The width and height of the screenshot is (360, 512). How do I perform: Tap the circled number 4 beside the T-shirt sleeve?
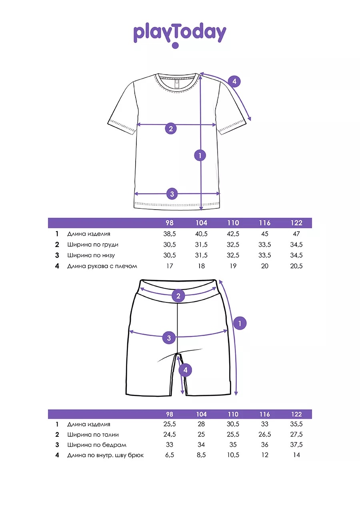pyautogui.click(x=234, y=81)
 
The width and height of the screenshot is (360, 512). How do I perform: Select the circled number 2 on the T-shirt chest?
pyautogui.click(x=171, y=128)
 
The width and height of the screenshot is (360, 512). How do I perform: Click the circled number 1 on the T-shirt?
pyautogui.click(x=200, y=155)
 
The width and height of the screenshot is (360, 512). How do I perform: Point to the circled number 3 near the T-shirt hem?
pyautogui.click(x=172, y=194)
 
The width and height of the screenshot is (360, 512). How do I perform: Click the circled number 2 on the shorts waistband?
pyautogui.click(x=178, y=296)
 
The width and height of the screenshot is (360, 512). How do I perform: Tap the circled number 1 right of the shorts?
pyautogui.click(x=240, y=323)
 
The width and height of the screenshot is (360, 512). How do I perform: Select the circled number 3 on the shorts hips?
pyautogui.click(x=169, y=338)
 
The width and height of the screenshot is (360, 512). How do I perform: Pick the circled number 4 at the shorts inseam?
pyautogui.click(x=185, y=370)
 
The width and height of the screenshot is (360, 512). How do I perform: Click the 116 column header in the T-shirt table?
pyautogui.click(x=264, y=223)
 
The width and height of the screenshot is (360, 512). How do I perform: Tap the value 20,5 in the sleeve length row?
pyautogui.click(x=296, y=266)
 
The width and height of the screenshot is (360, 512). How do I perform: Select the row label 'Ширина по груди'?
pyautogui.click(x=93, y=245)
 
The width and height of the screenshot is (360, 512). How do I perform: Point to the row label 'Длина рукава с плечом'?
pyautogui.click(x=102, y=266)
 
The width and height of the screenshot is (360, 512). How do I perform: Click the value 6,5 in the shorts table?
pyautogui.click(x=169, y=455)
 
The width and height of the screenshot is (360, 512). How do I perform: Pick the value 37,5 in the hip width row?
pyautogui.click(x=296, y=445)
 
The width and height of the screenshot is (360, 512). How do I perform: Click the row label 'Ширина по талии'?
pyautogui.click(x=93, y=435)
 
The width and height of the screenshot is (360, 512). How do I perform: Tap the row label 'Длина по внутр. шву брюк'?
pyautogui.click(x=106, y=455)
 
